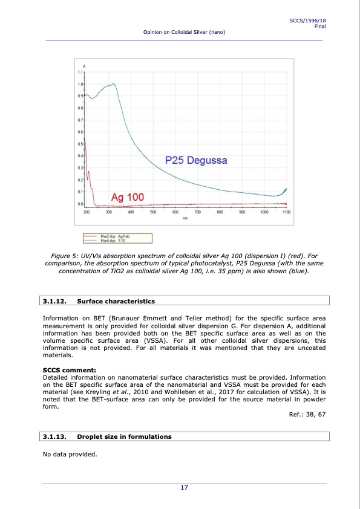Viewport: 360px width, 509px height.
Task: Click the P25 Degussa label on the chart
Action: pyautogui.click(x=196, y=160)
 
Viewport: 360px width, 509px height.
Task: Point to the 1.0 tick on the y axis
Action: pyautogui.click(x=80, y=84)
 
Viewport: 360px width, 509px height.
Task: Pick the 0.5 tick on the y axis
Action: pyautogui.click(x=80, y=144)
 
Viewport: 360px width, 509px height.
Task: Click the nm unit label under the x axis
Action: pyautogui.click(x=185, y=218)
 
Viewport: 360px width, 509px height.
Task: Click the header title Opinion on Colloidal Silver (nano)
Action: pyautogui.click(x=184, y=32)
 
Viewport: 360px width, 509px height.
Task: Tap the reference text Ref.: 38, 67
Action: pyautogui.click(x=309, y=414)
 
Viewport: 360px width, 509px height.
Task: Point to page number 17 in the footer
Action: pyautogui.click(x=185, y=490)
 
